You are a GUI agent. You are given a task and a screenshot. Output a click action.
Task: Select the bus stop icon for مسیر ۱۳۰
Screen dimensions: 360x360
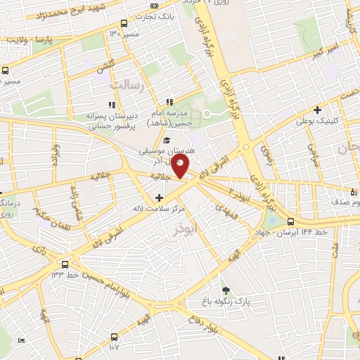(124, 23)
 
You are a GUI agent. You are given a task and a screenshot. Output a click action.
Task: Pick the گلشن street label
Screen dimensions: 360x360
(105, 64)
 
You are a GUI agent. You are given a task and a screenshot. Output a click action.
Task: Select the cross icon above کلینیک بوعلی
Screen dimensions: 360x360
(318, 109)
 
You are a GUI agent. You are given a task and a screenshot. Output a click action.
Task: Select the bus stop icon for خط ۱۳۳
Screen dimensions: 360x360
(65, 265)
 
